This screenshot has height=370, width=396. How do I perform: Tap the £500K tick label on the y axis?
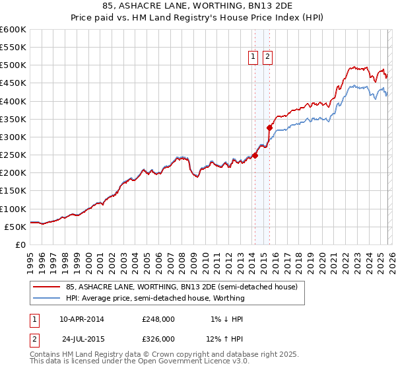tap(13, 65)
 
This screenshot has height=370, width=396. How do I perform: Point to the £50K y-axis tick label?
tap(15, 227)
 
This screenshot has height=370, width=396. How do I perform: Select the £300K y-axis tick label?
tap(13, 137)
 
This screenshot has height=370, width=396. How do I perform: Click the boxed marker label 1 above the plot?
tap(253, 57)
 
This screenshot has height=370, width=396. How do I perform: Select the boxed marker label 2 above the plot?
tap(267, 57)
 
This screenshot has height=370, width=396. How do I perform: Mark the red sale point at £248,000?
tap(255, 155)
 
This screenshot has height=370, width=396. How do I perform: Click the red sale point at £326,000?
tap(269, 128)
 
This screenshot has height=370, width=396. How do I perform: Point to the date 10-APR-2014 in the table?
tap(82, 319)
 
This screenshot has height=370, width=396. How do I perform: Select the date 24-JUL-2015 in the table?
tap(82, 338)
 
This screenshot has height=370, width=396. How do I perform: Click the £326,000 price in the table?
tap(158, 338)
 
